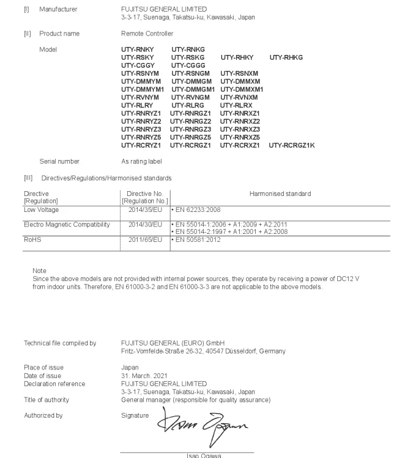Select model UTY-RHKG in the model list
286,57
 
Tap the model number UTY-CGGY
138,65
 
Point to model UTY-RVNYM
140,97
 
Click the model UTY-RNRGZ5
191,137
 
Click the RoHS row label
31,240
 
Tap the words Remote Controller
147,34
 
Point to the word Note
39,271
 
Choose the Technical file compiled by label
60,343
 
